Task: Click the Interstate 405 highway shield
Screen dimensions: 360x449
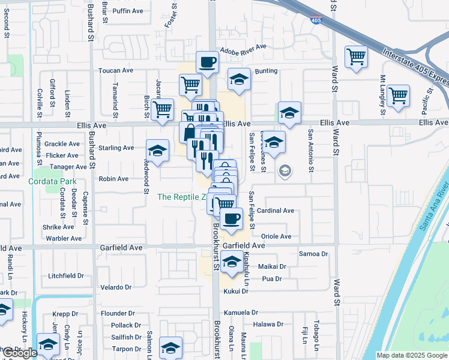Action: point(316,20)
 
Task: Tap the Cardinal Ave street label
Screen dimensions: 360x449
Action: point(275,211)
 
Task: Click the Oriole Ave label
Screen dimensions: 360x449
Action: point(276,236)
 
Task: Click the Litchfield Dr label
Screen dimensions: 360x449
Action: point(67,275)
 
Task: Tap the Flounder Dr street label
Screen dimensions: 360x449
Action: point(118,313)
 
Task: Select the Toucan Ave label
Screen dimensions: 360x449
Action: point(116,70)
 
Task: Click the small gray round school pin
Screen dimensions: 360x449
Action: point(285,172)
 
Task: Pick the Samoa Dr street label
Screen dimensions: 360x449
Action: point(316,254)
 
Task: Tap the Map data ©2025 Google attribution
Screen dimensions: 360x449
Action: point(412,355)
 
